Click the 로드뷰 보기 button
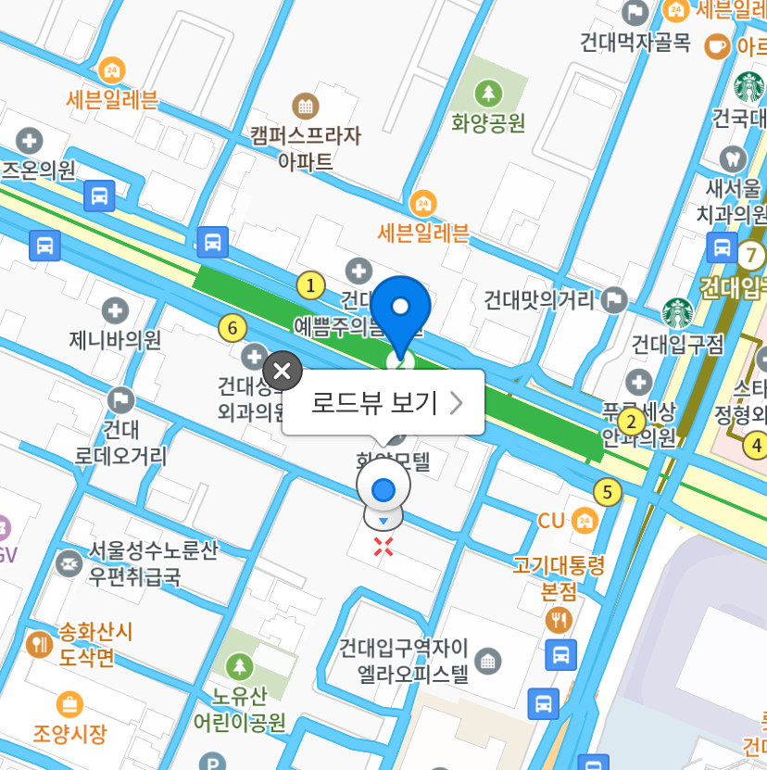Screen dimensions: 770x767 383,402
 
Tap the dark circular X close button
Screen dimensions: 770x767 283,372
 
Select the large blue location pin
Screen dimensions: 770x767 401,310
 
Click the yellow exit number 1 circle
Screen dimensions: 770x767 311,285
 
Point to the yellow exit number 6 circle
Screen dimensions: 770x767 233,327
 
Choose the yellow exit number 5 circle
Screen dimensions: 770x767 608,492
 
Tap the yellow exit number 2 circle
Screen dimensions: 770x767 632,423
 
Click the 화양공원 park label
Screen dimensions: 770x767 488,120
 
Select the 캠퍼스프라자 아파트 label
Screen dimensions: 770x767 306,147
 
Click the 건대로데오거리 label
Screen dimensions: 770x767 120,443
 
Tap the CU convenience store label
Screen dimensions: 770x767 551,521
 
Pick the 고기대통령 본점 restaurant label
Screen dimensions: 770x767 559,576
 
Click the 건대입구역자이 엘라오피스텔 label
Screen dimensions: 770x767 405,660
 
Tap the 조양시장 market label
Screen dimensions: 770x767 70,732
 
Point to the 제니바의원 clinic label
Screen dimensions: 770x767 115,339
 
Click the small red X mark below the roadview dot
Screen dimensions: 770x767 383,547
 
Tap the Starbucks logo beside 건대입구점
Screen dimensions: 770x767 677,313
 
